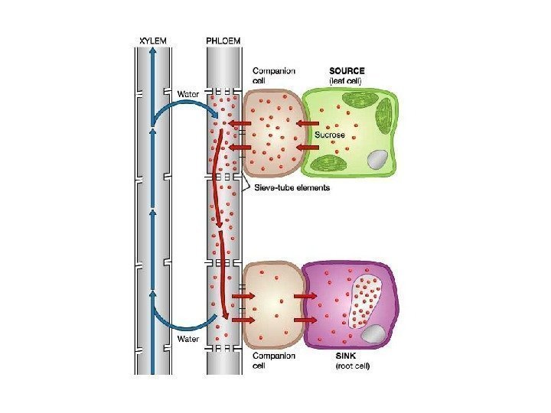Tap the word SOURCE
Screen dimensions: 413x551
pos(347,70)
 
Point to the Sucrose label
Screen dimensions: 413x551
pos(330,135)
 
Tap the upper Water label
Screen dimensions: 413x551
pos(188,94)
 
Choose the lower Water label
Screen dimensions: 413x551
pos(188,338)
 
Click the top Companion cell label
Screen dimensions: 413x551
pos(273,75)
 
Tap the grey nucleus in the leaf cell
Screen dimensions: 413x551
pos(377,160)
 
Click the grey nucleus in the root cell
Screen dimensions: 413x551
pos(373,333)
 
